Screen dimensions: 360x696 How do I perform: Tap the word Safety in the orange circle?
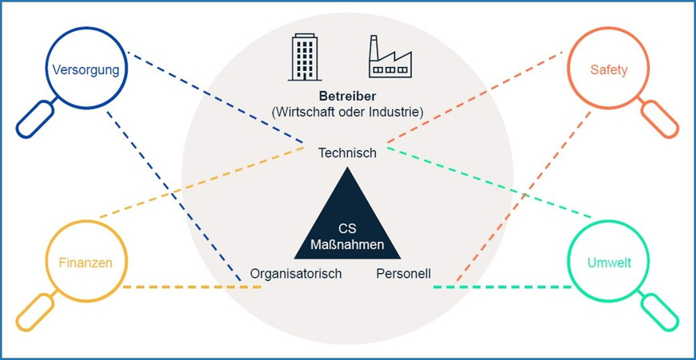click(609, 69)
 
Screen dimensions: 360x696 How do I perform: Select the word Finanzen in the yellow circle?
click(85, 262)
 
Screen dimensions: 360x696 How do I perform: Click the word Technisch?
click(346, 152)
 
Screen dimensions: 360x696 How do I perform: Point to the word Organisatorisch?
click(295, 274)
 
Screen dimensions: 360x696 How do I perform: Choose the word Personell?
click(403, 274)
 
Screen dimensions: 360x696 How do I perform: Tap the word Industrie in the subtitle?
click(394, 110)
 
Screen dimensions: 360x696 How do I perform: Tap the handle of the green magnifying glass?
click(662, 311)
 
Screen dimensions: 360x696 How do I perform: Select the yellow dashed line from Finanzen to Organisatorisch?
click(192, 287)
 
